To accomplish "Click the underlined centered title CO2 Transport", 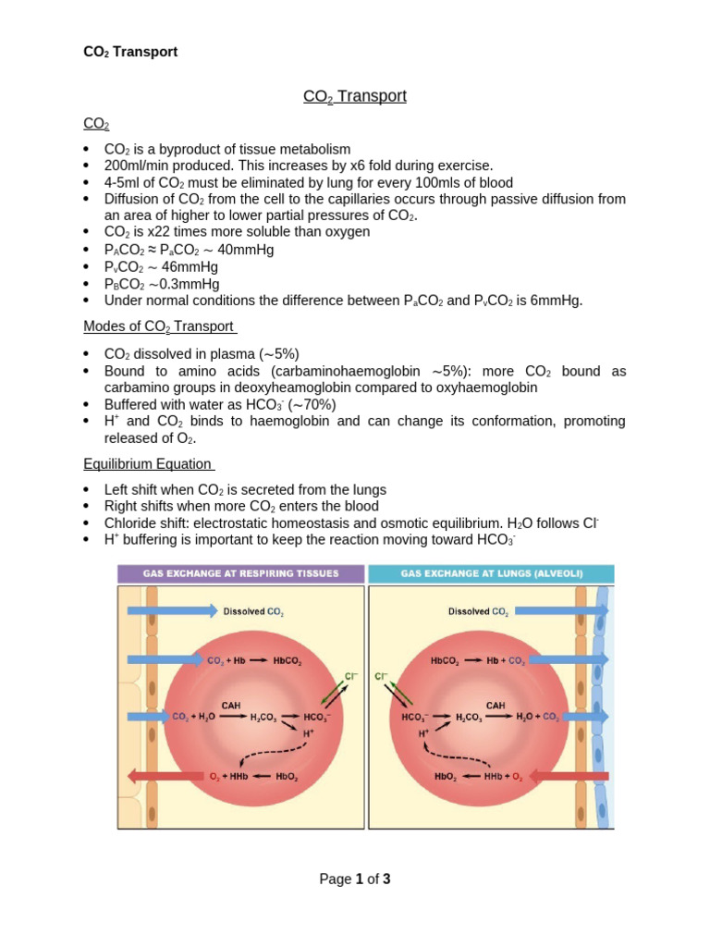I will point(355,96).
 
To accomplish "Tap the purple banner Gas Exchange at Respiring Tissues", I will point(240,573).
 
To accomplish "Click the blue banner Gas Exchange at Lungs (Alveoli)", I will point(491,573).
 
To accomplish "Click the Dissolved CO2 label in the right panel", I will point(478,611).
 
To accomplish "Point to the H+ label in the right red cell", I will point(424,733).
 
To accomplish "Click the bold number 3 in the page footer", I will point(386,879).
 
